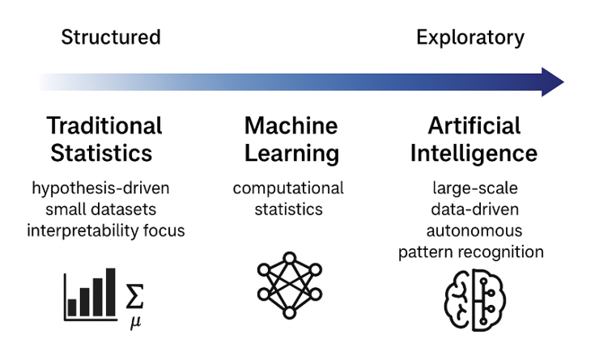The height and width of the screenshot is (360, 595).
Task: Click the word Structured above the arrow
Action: point(111,37)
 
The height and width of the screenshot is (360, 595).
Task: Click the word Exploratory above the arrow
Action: point(470,37)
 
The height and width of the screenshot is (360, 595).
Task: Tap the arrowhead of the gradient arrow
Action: point(552,82)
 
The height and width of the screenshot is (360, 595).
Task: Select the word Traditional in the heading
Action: point(104,125)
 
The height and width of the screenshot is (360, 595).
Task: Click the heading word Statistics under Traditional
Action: point(101,153)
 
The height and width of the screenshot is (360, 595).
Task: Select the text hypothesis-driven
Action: point(101,188)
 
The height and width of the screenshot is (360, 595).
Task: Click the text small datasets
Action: point(101,210)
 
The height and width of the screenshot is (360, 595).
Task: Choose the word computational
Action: point(289,188)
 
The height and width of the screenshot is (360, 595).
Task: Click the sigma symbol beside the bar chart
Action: point(135,297)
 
